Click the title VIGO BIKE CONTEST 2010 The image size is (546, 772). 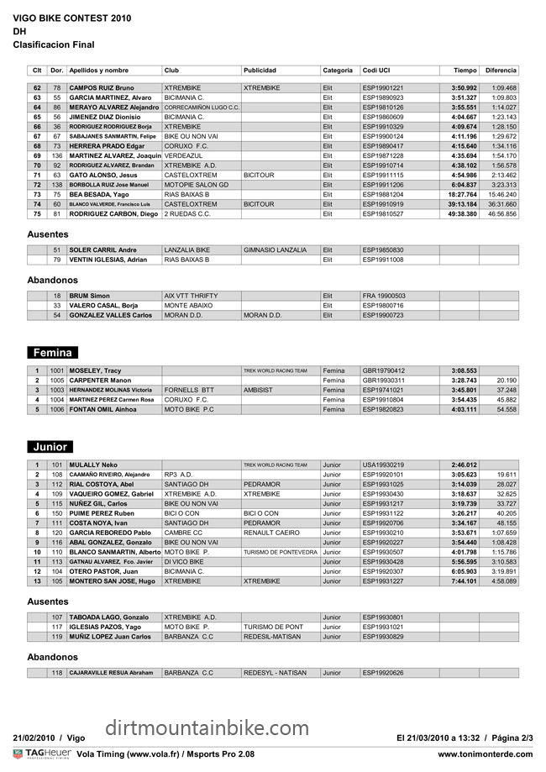(x=73, y=16)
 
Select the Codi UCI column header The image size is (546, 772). (x=376, y=70)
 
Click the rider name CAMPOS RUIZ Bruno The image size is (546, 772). (x=102, y=88)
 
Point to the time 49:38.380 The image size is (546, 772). (x=462, y=214)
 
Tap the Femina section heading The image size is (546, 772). (x=52, y=353)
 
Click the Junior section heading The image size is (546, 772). (x=50, y=447)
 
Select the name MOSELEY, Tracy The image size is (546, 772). (x=96, y=370)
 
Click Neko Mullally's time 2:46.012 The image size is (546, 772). (x=464, y=465)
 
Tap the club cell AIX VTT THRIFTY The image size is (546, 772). (x=192, y=296)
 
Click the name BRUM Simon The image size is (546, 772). (x=90, y=296)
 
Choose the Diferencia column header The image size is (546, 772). (x=501, y=70)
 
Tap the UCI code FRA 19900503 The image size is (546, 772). (x=384, y=296)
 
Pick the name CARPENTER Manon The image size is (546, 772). (x=101, y=381)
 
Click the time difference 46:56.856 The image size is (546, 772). (x=502, y=214)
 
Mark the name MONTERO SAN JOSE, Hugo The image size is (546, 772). (x=113, y=580)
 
